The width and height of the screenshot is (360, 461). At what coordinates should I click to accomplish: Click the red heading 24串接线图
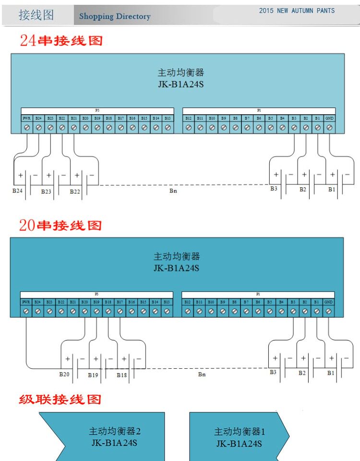[61, 40]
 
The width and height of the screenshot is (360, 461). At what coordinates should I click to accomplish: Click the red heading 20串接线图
[60, 225]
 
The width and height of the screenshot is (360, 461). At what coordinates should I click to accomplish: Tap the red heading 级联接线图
[60, 399]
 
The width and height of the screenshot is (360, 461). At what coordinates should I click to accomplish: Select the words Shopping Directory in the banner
[115, 17]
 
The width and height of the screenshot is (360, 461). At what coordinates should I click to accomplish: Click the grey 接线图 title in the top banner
[36, 15]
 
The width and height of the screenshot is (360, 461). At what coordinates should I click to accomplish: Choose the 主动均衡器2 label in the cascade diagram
[114, 431]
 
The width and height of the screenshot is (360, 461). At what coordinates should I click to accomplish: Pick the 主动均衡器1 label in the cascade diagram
[239, 431]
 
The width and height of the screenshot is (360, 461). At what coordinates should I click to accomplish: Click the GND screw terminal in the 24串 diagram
[329, 128]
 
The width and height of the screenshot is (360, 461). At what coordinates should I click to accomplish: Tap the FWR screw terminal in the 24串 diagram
[26, 128]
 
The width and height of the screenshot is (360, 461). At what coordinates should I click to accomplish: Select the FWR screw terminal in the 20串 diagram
[26, 311]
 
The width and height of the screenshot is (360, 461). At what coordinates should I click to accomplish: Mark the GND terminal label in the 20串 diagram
[328, 302]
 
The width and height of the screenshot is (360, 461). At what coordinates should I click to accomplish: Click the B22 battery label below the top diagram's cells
[75, 191]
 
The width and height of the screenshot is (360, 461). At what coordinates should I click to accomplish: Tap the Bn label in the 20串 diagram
[202, 374]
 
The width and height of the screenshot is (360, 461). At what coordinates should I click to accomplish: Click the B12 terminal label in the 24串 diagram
[188, 118]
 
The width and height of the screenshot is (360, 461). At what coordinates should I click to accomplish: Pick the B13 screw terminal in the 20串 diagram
[167, 311]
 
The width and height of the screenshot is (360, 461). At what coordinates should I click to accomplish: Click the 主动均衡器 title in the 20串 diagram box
[176, 257]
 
